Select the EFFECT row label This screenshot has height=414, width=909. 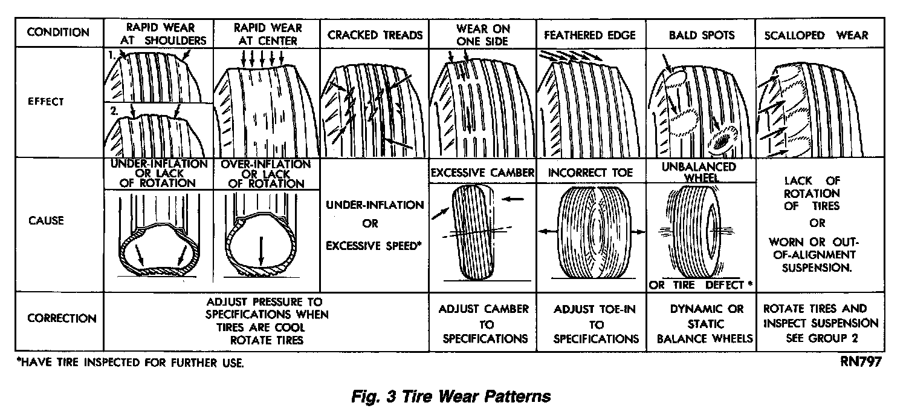tap(46, 102)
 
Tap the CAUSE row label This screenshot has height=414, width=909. tap(45, 220)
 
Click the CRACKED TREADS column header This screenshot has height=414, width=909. tap(375, 35)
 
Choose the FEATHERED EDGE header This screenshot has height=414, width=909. tap(590, 35)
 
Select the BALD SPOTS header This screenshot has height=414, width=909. tap(702, 35)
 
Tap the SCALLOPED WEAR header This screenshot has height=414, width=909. tap(816, 35)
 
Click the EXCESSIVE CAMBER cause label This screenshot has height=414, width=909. tap(482, 173)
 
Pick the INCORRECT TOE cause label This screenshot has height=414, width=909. tap(590, 173)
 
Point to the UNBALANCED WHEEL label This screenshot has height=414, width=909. tap(702, 172)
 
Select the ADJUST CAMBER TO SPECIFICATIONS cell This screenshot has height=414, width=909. tap(482, 323)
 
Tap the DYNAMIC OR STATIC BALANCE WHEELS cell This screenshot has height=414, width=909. tap(702, 323)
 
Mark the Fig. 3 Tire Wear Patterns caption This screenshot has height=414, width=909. tap(451, 396)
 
